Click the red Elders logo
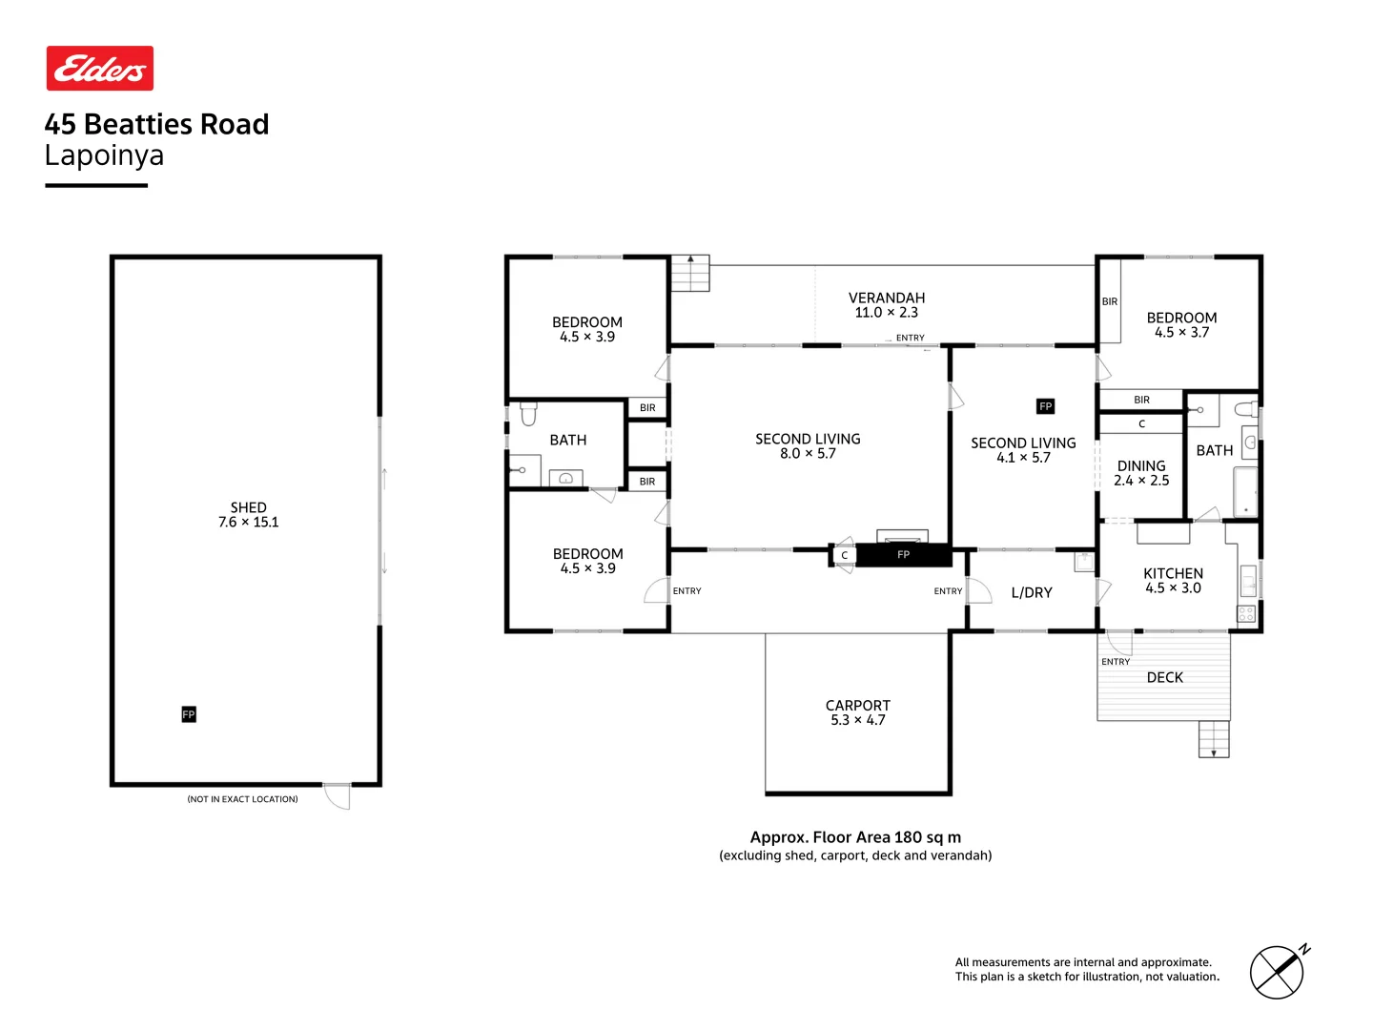(x=100, y=69)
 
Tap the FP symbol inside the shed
(x=189, y=714)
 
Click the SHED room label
(x=248, y=507)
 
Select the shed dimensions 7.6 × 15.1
(x=248, y=523)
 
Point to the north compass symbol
(x=1277, y=972)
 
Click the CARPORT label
(x=857, y=706)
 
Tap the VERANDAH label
(x=887, y=299)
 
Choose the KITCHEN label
(x=1173, y=573)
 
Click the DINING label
(x=1141, y=466)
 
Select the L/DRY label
(x=1032, y=592)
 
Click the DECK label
(x=1164, y=677)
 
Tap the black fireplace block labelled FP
(x=903, y=555)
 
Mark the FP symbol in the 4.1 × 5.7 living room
(x=1045, y=406)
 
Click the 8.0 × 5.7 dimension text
(x=808, y=454)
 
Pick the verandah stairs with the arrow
(x=690, y=274)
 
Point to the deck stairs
(x=1214, y=739)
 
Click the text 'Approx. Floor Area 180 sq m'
(x=855, y=837)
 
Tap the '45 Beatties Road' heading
(x=157, y=124)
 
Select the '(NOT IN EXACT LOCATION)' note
(x=242, y=799)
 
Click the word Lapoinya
(x=104, y=155)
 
